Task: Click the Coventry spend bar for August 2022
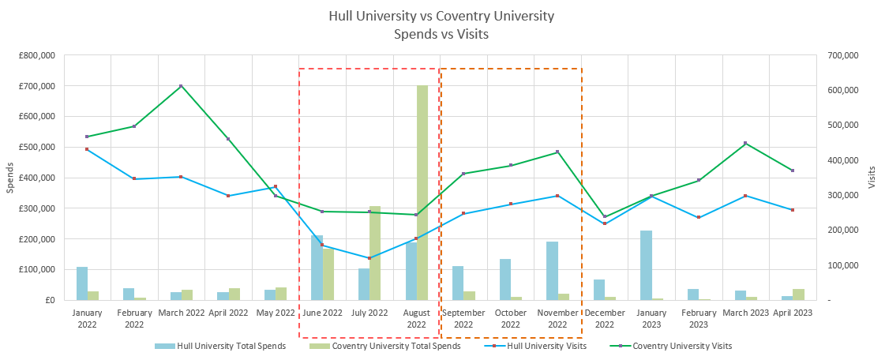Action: (x=422, y=193)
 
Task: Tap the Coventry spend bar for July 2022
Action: (x=375, y=253)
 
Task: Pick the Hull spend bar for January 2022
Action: (x=82, y=283)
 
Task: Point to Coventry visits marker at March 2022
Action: (x=181, y=86)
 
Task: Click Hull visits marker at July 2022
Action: (x=369, y=258)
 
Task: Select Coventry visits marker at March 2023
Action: (x=745, y=144)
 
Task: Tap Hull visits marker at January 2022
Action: (x=87, y=149)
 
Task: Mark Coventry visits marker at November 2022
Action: (x=557, y=152)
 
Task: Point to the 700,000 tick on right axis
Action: (x=841, y=55)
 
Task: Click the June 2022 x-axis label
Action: (x=322, y=313)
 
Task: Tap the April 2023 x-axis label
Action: (x=793, y=313)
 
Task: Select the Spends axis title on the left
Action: (x=9, y=178)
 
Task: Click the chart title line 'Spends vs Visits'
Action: (x=442, y=34)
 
